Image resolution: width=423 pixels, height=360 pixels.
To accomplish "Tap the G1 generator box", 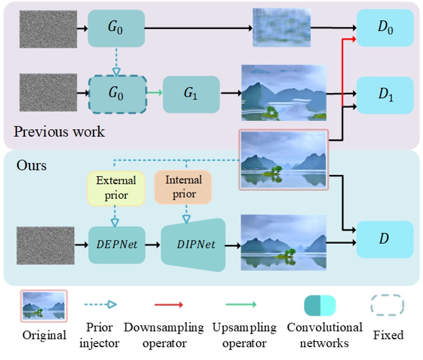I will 191,94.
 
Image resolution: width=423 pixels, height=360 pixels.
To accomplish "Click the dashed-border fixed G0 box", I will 117,94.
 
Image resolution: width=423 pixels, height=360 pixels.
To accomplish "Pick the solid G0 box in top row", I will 116,28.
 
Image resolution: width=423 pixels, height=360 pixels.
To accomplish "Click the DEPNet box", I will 116,245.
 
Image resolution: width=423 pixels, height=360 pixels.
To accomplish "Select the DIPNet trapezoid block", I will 194,245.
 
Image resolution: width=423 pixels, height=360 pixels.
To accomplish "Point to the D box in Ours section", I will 385,239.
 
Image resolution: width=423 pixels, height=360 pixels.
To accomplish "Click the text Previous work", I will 59,131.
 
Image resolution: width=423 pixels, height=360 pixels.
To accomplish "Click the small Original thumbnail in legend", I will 43,306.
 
